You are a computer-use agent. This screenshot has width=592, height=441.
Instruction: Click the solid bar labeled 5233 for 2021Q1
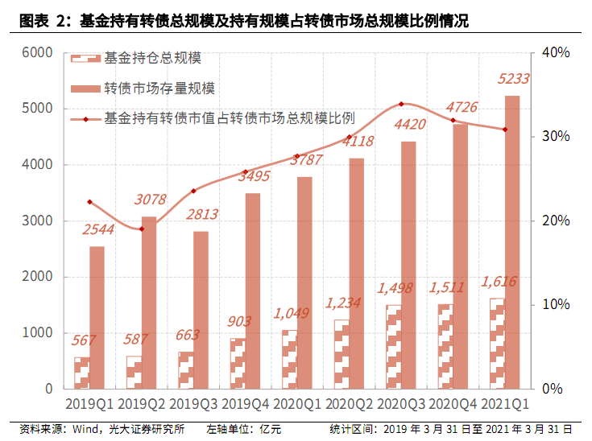click(x=512, y=241)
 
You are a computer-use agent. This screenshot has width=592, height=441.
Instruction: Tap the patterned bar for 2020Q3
click(x=393, y=347)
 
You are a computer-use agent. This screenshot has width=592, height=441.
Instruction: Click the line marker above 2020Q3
click(x=401, y=104)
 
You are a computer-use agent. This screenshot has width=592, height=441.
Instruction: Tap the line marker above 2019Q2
click(x=141, y=229)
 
